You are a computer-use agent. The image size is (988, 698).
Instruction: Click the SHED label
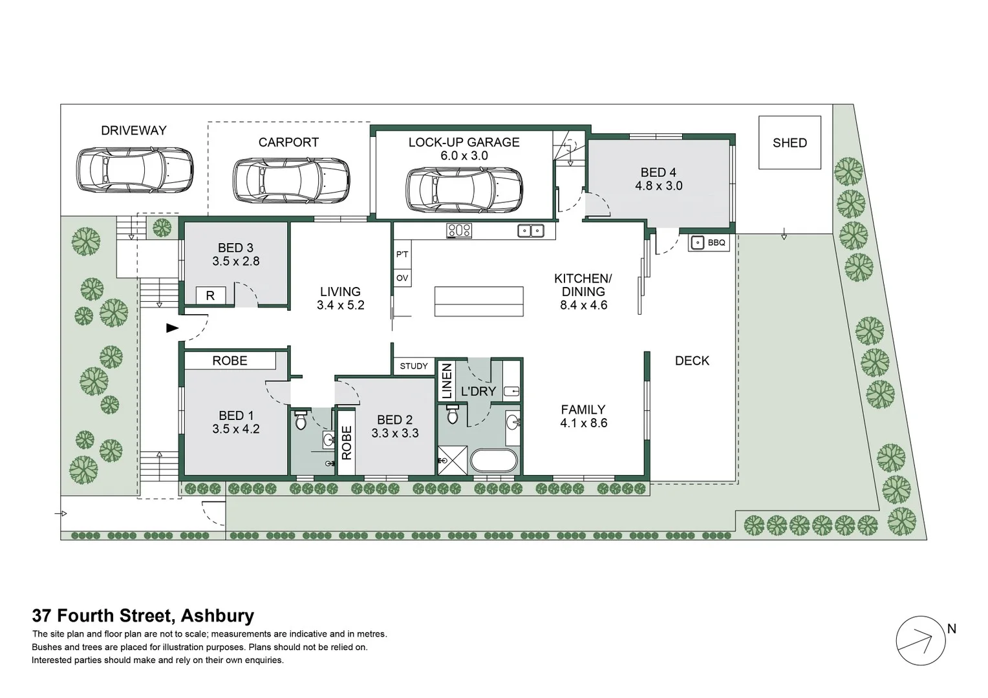pyautogui.click(x=789, y=143)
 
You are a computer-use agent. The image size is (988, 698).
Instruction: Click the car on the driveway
pyautogui.click(x=134, y=170)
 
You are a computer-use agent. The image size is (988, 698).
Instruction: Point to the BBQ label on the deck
pyautogui.click(x=717, y=243)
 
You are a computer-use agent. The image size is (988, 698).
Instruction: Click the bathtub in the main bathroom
pyautogui.click(x=493, y=461)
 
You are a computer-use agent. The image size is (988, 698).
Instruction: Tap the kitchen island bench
pyautogui.click(x=478, y=301)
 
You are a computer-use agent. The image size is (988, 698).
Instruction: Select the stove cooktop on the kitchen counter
pyautogui.click(x=458, y=230)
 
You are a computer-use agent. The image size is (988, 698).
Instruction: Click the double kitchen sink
pyautogui.click(x=532, y=230)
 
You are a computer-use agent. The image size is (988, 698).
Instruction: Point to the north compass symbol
pyautogui.click(x=917, y=641)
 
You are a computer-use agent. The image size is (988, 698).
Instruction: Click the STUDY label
pyautogui.click(x=414, y=366)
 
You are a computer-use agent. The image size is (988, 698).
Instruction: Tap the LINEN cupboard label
pyautogui.click(x=446, y=381)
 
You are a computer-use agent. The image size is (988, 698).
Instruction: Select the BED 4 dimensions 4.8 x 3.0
pyautogui.click(x=658, y=186)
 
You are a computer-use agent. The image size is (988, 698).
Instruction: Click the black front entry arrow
pyautogui.click(x=172, y=328)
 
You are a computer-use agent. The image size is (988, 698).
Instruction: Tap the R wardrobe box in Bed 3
pyautogui.click(x=210, y=295)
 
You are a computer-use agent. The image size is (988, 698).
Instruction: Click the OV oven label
pyautogui.click(x=402, y=279)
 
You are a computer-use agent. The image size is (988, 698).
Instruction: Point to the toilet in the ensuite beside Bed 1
pyautogui.click(x=300, y=421)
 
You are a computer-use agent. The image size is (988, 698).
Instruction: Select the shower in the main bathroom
pyautogui.click(x=453, y=460)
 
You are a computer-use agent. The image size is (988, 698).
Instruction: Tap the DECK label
pyautogui.click(x=692, y=361)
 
